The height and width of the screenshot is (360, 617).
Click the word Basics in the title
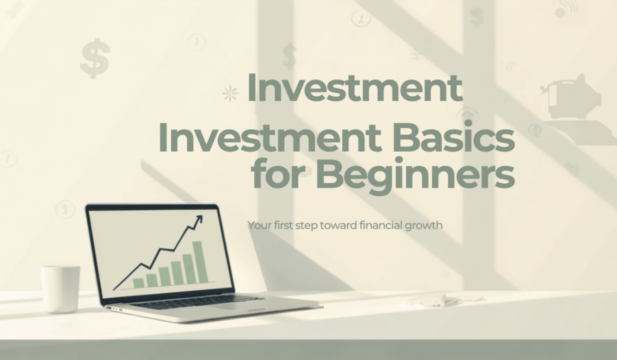click(454, 138)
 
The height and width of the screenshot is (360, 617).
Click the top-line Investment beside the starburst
click(355, 87)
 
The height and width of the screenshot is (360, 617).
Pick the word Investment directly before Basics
click(269, 138)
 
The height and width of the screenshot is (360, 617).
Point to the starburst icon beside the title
click(230, 94)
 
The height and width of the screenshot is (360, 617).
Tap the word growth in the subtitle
click(424, 226)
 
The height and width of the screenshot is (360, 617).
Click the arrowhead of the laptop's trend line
click(199, 219)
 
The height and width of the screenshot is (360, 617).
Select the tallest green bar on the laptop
click(200, 262)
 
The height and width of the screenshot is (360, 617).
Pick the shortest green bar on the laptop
click(139, 283)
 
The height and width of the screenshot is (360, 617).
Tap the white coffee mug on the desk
click(60, 289)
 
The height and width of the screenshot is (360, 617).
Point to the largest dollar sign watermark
click(95, 59)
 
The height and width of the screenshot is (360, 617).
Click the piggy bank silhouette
click(571, 96)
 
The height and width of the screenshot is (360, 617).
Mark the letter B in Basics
click(406, 138)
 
